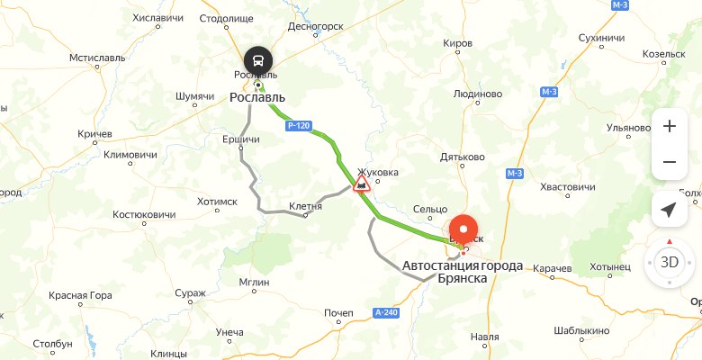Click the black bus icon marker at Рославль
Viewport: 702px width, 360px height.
(x=258, y=60)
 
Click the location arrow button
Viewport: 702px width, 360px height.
(x=669, y=210)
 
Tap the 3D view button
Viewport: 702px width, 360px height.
(x=669, y=263)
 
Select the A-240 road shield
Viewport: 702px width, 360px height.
(x=384, y=312)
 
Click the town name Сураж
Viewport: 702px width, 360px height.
(x=190, y=292)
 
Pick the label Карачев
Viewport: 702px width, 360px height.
(x=552, y=269)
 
